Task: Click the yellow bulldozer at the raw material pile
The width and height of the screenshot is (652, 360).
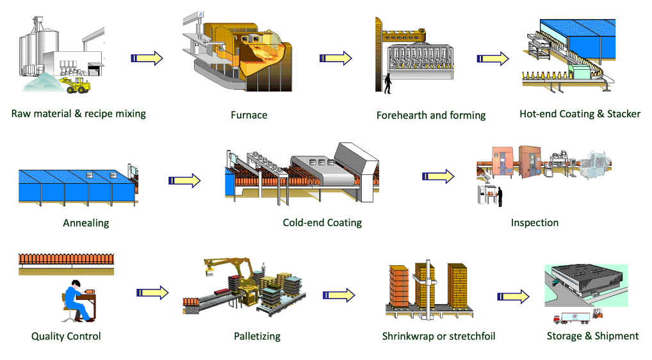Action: [x=76, y=85]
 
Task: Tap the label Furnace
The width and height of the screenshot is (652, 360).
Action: [x=249, y=115]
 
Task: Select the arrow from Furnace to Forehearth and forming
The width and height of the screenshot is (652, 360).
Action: [x=336, y=58]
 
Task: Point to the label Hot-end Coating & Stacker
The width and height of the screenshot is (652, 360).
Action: [x=580, y=114]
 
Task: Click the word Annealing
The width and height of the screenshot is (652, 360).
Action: [x=86, y=223]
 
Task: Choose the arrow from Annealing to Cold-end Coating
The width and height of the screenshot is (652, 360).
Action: [x=184, y=181]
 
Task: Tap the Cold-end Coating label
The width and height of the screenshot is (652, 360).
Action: [x=322, y=223]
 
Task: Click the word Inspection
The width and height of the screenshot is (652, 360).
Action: [x=534, y=223]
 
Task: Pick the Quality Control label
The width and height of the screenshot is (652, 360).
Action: [x=66, y=336]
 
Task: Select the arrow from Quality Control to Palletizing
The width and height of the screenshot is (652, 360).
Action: [x=152, y=293]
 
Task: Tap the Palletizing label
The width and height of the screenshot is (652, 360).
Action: [x=257, y=336]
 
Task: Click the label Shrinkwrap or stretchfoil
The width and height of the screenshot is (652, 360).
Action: [x=439, y=336]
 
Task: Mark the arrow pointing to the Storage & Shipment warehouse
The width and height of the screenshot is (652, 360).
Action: [x=514, y=297]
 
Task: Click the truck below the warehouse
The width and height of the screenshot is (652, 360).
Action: [x=571, y=317]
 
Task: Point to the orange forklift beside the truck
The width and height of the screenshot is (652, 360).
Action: [x=599, y=314]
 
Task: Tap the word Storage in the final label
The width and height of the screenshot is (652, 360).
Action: [x=564, y=336]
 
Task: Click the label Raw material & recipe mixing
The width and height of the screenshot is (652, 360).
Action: [x=78, y=114]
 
